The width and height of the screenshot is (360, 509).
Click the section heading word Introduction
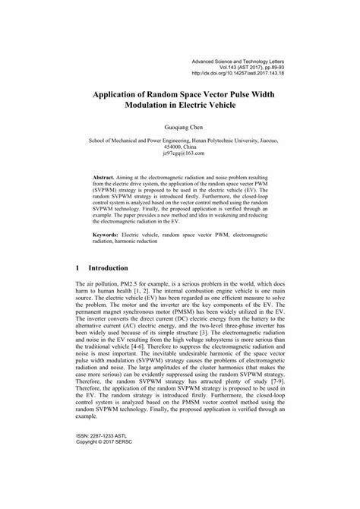click(x=112, y=290)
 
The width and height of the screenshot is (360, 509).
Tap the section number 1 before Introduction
click(x=79, y=290)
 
